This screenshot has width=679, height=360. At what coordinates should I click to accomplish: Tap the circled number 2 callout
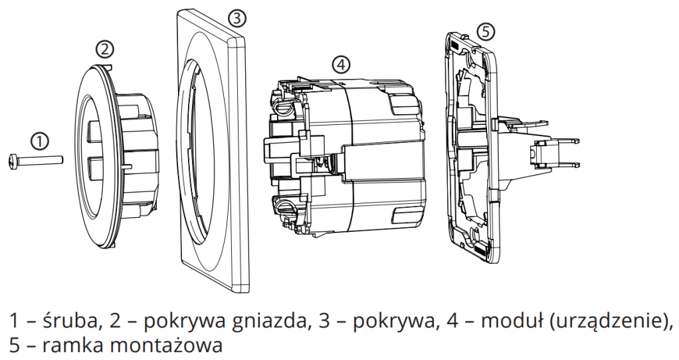pyautogui.click(x=105, y=48)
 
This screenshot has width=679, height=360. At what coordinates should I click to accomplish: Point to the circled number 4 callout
pyautogui.click(x=340, y=64)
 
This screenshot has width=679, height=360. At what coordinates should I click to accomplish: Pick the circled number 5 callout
pyautogui.click(x=486, y=31)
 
